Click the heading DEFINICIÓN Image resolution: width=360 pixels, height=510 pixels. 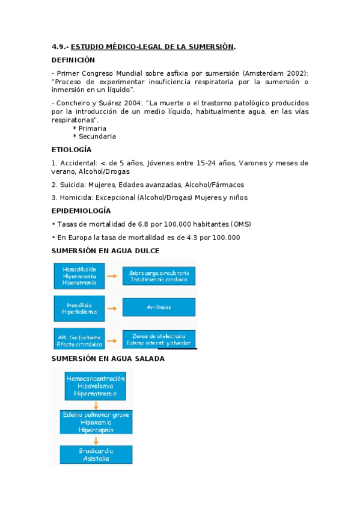click(x=73, y=60)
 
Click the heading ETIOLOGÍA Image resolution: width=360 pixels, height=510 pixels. click(x=72, y=150)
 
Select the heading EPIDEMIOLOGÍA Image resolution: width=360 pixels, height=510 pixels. click(x=81, y=211)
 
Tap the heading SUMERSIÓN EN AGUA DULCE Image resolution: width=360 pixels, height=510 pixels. click(x=106, y=251)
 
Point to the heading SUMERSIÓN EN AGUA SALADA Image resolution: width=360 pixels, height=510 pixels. click(x=108, y=358)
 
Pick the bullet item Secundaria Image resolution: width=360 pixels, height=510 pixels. click(x=97, y=137)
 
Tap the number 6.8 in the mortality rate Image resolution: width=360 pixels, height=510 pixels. click(x=144, y=224)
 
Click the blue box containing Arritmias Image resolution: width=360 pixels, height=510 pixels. click(x=159, y=307)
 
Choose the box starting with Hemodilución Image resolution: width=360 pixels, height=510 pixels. click(x=79, y=276)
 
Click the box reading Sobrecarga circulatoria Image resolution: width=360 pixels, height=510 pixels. click(x=159, y=276)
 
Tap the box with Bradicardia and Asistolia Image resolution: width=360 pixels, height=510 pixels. click(x=96, y=454)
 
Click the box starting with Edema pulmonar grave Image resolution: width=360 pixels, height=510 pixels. click(x=96, y=422)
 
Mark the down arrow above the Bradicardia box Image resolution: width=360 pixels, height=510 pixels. click(x=96, y=440)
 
